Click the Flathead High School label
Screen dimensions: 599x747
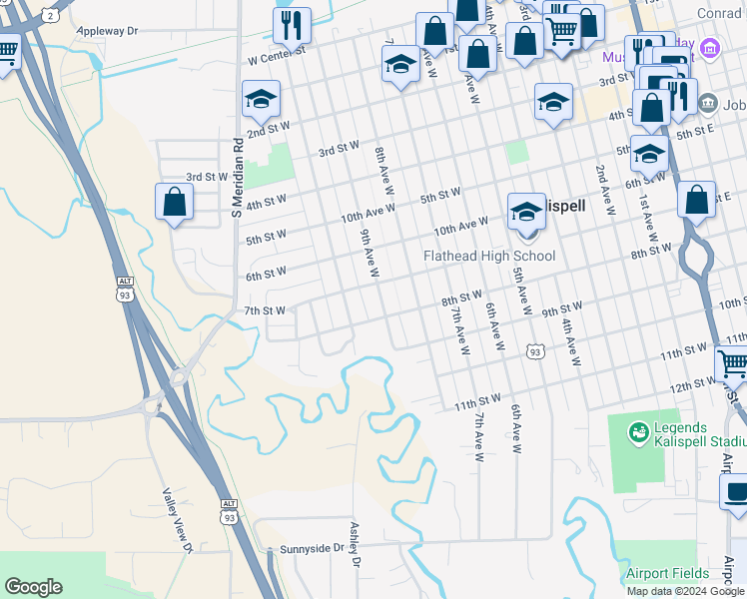tap(489, 257)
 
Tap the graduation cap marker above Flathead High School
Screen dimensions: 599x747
tap(526, 212)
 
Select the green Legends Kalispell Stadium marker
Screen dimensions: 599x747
tap(636, 432)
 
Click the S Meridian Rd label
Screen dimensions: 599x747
tap(238, 179)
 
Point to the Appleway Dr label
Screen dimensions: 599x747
tap(108, 32)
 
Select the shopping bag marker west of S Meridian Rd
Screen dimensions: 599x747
tap(175, 202)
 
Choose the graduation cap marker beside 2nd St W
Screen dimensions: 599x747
tap(261, 99)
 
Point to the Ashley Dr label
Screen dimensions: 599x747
tap(354, 543)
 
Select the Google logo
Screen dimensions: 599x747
tap(33, 587)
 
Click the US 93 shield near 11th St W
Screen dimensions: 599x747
tap(536, 351)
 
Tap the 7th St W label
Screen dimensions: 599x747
tap(266, 310)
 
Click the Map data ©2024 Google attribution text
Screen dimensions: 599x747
tap(686, 591)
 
